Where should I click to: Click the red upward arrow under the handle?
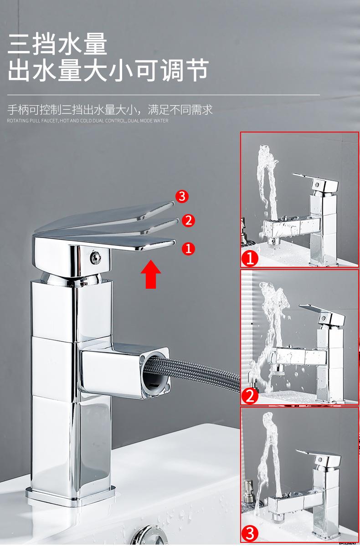pos(150,274)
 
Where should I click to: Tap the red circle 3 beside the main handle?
pos(182,196)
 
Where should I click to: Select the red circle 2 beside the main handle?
pos(188,221)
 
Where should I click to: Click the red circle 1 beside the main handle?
pos(188,248)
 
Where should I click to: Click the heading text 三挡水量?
pos(58,45)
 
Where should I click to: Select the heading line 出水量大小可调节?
pos(108,71)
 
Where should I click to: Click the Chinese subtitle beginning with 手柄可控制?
pos(110,110)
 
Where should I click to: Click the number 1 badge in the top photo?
pos(250,259)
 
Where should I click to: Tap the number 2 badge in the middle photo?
pos(250,396)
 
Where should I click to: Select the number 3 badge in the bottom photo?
pos(250,533)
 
